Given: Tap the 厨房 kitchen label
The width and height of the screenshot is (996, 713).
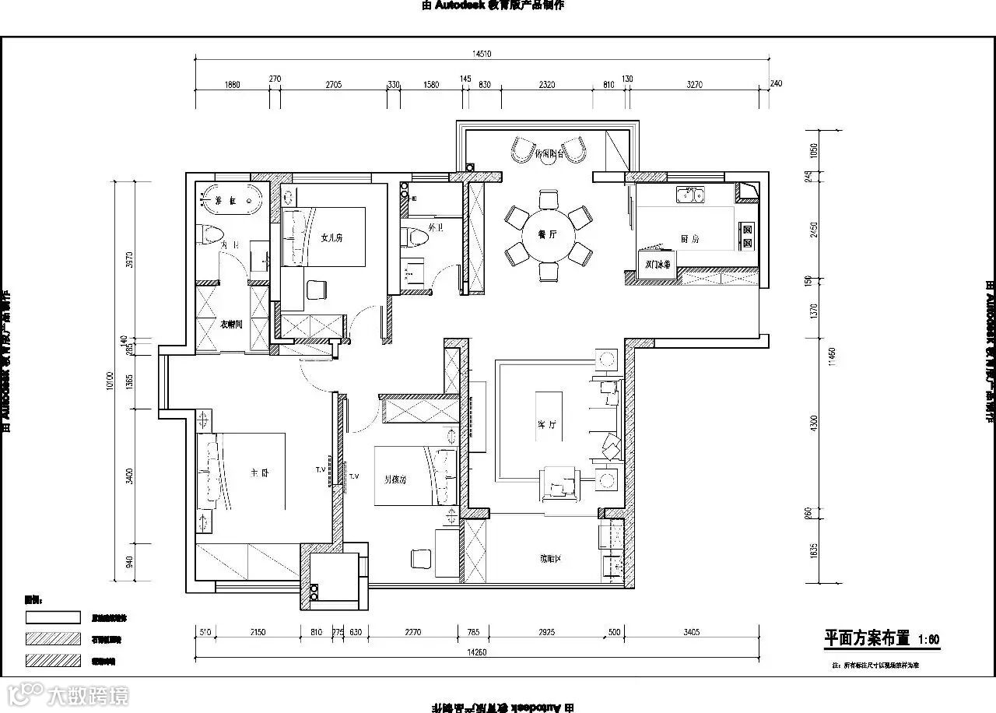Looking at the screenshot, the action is pyautogui.click(x=689, y=239).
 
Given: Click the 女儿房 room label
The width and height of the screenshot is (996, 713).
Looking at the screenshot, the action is pyautogui.click(x=332, y=238).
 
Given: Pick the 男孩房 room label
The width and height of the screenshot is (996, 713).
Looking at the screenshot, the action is pyautogui.click(x=395, y=479).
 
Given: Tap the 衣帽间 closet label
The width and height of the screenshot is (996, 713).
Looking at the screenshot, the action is pyautogui.click(x=231, y=324).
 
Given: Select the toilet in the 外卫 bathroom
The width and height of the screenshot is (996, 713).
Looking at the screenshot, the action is pyautogui.click(x=412, y=234).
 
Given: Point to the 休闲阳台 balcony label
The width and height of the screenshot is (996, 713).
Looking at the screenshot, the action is pyautogui.click(x=549, y=154).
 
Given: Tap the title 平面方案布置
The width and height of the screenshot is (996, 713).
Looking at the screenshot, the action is pyautogui.click(x=867, y=638).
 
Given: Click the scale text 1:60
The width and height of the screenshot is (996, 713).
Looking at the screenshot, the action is pyautogui.click(x=929, y=640).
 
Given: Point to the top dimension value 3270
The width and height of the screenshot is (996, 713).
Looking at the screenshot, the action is pyautogui.click(x=695, y=84).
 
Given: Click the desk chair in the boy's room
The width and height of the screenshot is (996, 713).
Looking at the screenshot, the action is pyautogui.click(x=421, y=558).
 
